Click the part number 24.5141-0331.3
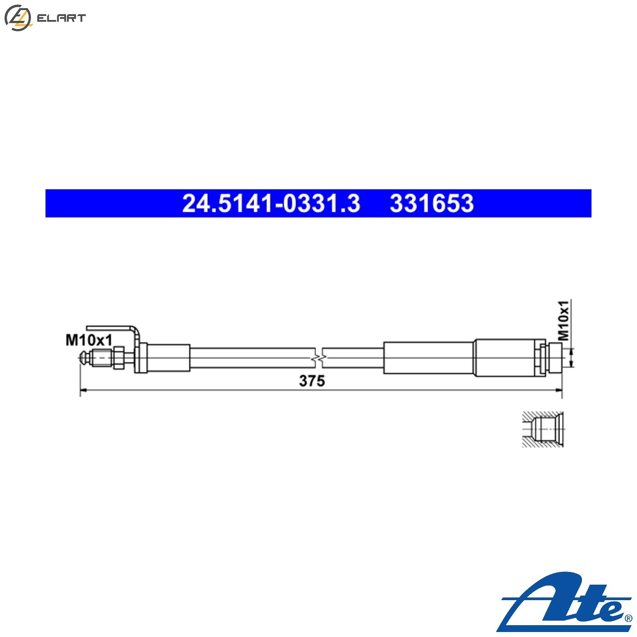271,203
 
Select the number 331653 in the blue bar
431,203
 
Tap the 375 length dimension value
312,381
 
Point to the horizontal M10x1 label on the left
89,339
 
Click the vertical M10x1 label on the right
564,320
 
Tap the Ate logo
564,603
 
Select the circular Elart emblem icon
17,18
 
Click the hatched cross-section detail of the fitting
543,429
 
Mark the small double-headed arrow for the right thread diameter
571,357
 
